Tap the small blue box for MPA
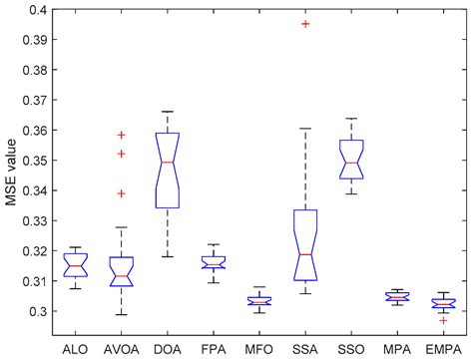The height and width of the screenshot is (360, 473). [397, 296]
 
